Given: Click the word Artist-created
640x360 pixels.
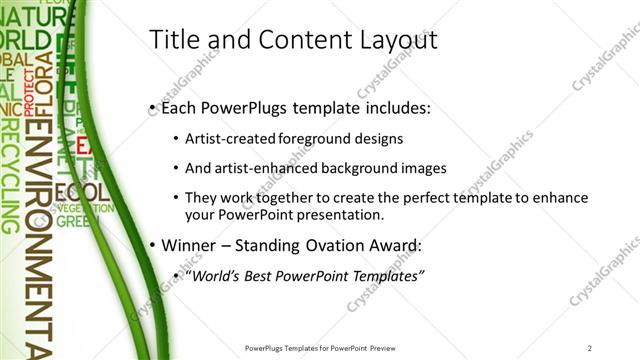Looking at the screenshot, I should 223,138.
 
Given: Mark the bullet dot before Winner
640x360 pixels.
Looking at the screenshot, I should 151,246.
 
